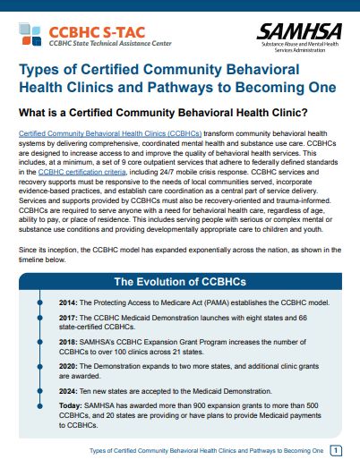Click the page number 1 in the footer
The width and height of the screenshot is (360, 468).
[336, 451]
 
